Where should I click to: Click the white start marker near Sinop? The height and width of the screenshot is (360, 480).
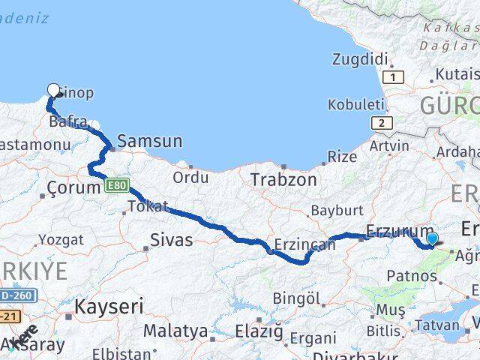pyautogui.click(x=53, y=91)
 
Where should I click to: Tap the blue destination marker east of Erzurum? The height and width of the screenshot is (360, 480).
pyautogui.click(x=432, y=239)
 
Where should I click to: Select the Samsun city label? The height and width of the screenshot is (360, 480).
pyautogui.click(x=150, y=141)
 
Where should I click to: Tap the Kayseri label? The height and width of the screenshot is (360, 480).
pyautogui.click(x=109, y=306)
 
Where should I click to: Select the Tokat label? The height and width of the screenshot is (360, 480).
pyautogui.click(x=148, y=206)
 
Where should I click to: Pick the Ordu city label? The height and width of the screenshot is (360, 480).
pyautogui.click(x=190, y=178)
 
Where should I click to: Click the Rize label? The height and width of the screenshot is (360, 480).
pyautogui.click(x=343, y=156)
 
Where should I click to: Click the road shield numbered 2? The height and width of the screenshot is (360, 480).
pyautogui.click(x=382, y=123)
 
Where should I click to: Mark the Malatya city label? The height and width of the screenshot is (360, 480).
pyautogui.click(x=175, y=330)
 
